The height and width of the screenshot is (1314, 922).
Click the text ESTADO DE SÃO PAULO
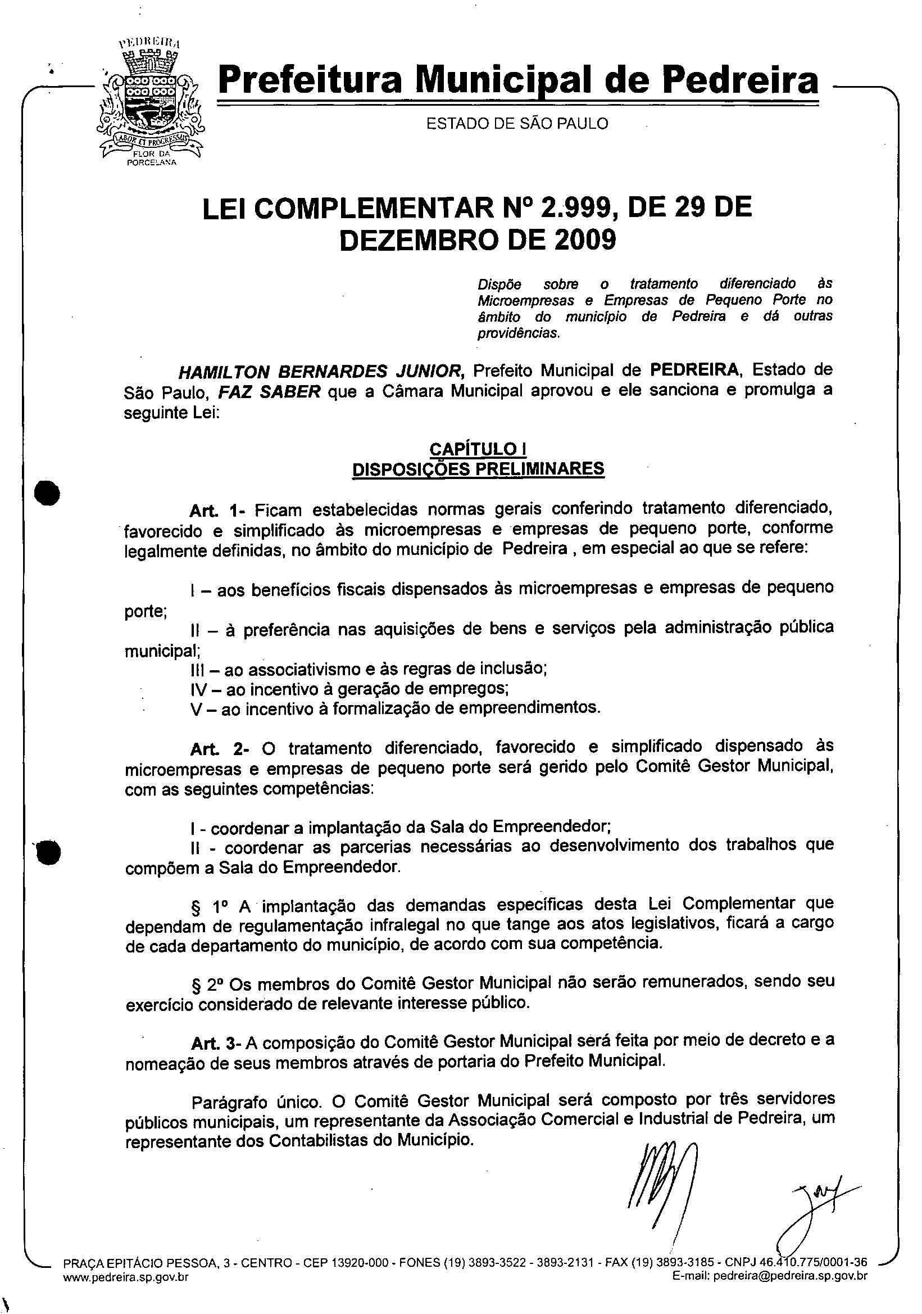coord(517,124)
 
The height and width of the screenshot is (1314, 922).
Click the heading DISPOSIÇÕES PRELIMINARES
coord(478,469)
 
